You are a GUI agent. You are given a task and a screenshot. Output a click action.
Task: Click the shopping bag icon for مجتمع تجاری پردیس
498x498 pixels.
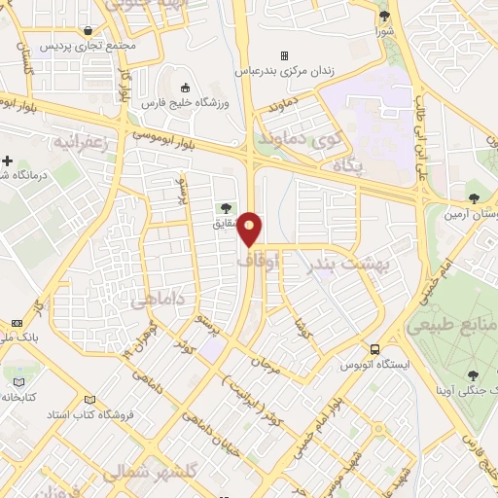coord(90,29)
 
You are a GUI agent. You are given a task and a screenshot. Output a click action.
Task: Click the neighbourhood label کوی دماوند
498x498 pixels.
coord(294,140)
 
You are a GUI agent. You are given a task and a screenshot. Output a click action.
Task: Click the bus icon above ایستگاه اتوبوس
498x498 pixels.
coord(374,349)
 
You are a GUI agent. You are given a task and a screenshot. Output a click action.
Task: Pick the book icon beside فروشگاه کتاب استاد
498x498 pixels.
coord(89,400)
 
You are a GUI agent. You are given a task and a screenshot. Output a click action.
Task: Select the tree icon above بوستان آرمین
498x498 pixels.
coord(474,186)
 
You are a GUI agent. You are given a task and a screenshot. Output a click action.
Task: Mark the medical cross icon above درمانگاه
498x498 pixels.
coord(7,160)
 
